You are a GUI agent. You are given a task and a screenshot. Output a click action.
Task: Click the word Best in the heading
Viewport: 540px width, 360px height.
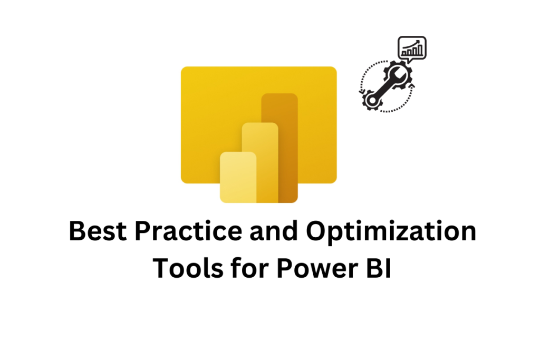pyautogui.click(x=98, y=230)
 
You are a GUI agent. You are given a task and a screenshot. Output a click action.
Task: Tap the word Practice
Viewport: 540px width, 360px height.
pyautogui.click(x=188, y=230)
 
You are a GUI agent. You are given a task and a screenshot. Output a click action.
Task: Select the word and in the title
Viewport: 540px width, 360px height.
pyautogui.click(x=274, y=230)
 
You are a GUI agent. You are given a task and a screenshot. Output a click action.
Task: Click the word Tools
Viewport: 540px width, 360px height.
pyautogui.click(x=188, y=268)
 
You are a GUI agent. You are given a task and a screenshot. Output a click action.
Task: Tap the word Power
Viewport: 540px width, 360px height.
pyautogui.click(x=317, y=268)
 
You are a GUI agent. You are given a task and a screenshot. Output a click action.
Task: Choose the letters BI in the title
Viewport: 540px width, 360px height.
pyautogui.click(x=379, y=268)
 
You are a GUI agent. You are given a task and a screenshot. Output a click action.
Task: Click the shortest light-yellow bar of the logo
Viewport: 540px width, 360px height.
pyautogui.click(x=238, y=177)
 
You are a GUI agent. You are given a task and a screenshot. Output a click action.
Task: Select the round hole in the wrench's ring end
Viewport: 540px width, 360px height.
pyautogui.click(x=372, y=100)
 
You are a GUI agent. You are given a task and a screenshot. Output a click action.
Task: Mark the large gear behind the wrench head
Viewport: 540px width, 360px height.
pyautogui.click(x=398, y=76)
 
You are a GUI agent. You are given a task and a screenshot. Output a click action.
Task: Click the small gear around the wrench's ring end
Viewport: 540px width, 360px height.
pyautogui.click(x=372, y=101)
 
